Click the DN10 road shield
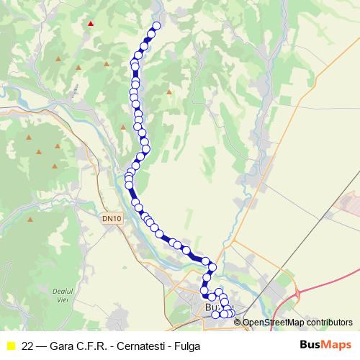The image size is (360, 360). coord(112,218)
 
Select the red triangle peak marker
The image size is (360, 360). coord(90,23)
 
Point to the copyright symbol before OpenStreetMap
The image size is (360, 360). coord(238,323)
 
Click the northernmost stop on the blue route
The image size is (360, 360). coord(156,26)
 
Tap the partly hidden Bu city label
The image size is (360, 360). coord(211,307)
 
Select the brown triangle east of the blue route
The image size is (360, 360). coord(170,91)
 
